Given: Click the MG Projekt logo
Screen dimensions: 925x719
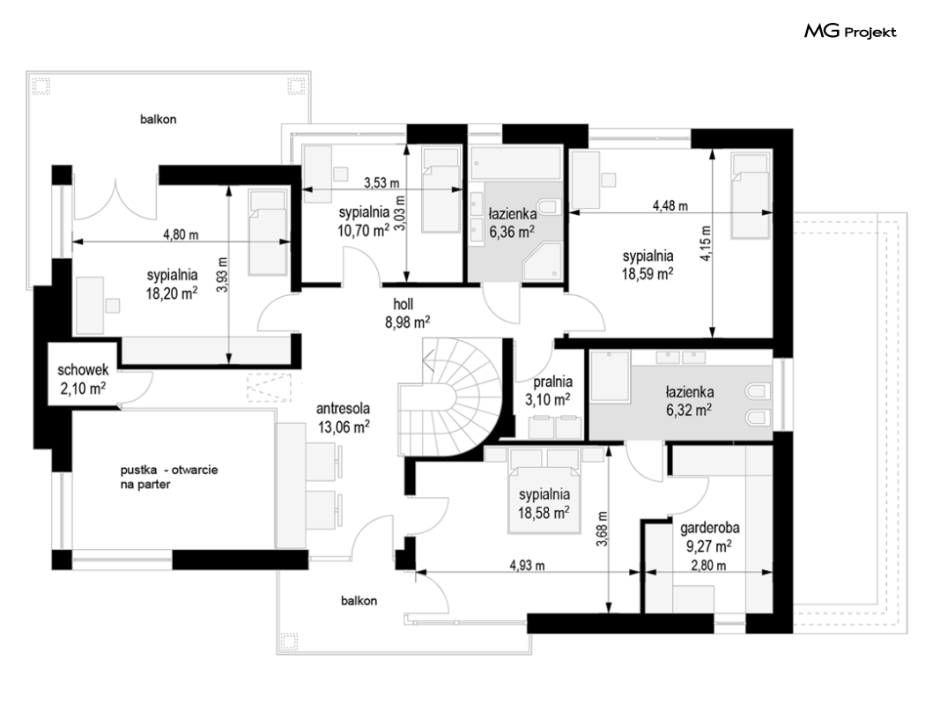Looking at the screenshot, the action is (x=850, y=31).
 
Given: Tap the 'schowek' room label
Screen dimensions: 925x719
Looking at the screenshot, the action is (x=83, y=370).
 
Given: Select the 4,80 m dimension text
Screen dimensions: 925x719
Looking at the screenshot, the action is (x=181, y=234).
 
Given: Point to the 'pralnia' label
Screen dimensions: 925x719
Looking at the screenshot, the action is (x=552, y=382).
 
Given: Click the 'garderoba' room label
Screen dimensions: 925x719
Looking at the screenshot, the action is (x=709, y=528).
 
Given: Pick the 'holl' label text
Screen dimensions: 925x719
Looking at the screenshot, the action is (x=403, y=304).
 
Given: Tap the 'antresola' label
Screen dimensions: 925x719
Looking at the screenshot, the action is (x=343, y=408).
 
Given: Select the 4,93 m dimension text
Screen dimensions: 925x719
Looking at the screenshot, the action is (x=528, y=566).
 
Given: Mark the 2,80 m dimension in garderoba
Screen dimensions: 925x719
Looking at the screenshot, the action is (x=708, y=566).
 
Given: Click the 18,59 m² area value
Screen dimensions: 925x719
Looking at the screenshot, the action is (x=647, y=274).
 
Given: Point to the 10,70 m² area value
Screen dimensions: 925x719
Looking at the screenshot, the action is (x=363, y=230).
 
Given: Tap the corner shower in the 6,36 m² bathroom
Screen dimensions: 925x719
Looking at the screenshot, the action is (x=543, y=262).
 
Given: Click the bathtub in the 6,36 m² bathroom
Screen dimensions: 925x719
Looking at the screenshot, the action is (x=515, y=163).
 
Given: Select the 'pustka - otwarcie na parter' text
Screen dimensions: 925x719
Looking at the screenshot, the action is (x=169, y=478).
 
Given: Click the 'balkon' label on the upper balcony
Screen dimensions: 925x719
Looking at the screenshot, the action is (x=158, y=119).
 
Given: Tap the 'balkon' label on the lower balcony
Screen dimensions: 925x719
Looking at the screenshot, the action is (x=359, y=601).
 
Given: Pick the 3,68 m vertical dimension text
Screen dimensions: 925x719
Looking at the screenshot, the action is (x=602, y=529).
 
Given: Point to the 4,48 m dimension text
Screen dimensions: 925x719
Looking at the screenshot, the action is (x=670, y=206).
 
